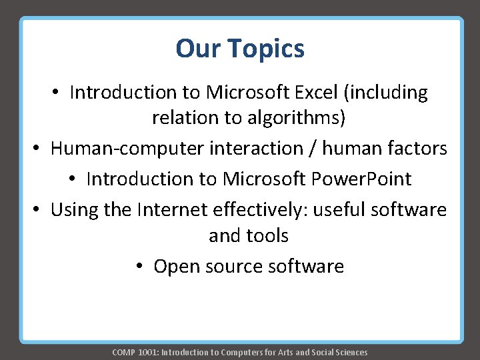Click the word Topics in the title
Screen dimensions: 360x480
[x=266, y=49]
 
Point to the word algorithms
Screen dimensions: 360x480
[x=299, y=118]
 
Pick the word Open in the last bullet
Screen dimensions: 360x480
[x=176, y=267]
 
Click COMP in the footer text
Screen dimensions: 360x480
[x=124, y=352]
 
